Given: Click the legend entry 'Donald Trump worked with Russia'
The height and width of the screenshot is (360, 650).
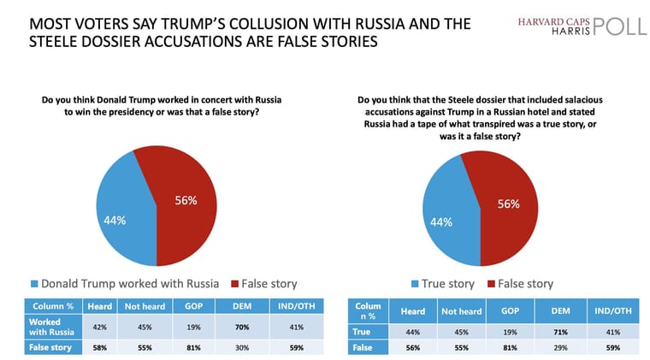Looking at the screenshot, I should (125, 283).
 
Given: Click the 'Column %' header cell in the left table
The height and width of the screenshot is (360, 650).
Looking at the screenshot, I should (53, 305).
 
